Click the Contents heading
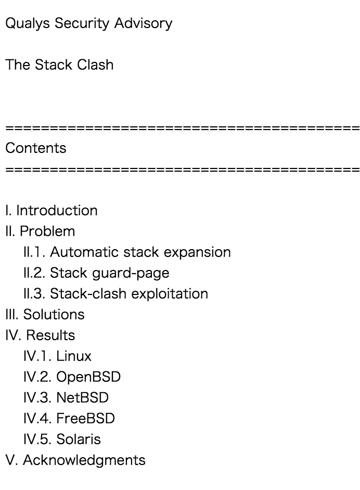(36, 148)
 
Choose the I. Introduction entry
(51, 211)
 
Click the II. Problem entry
(40, 231)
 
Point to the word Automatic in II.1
(83, 252)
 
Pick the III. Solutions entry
(45, 315)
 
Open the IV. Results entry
(40, 336)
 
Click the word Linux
(74, 356)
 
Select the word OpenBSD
(88, 377)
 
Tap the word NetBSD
(83, 398)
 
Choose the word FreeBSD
(85, 419)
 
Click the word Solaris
(79, 440)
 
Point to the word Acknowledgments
(84, 460)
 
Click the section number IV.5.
(37, 440)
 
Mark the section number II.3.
(34, 294)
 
